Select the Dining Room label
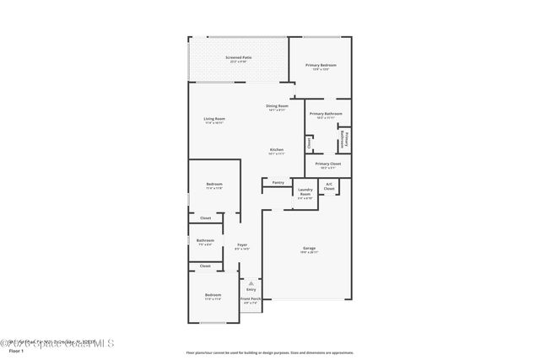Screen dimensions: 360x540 (278, 105)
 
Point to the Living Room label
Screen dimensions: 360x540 (214, 119)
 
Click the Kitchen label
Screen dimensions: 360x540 (277, 149)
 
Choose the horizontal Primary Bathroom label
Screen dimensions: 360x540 (325, 113)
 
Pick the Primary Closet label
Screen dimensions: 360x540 (328, 164)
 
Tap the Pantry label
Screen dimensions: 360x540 (278, 182)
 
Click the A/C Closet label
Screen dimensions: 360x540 (329, 185)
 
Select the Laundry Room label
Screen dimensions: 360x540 (305, 191)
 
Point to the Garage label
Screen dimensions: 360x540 (310, 248)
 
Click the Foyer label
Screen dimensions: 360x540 (241, 244)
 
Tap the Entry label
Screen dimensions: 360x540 (251, 289)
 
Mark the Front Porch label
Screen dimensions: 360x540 (251, 298)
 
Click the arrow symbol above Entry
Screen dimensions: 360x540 (251, 282)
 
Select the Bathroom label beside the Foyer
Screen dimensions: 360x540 (206, 240)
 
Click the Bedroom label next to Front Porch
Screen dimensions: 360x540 (213, 295)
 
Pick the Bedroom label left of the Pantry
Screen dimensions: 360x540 (214, 184)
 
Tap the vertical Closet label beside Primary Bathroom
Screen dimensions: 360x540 (310, 142)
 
